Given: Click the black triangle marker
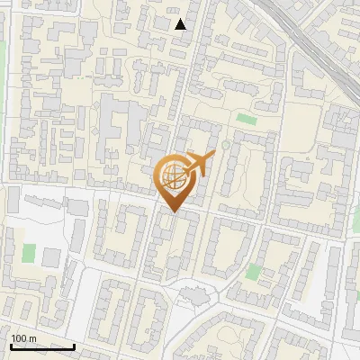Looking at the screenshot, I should click(181, 24).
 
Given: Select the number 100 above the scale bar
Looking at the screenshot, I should click(19, 338).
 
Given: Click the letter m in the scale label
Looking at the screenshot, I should click(32, 338).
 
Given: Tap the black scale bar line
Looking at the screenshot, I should click(42, 346).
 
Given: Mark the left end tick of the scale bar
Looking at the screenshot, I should click(11, 345).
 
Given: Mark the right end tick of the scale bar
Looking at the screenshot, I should click(74, 345).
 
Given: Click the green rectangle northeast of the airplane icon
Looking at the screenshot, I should click(245, 118).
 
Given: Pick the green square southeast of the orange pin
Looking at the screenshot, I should click(255, 271).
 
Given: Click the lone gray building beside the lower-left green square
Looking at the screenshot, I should click(51, 257).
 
